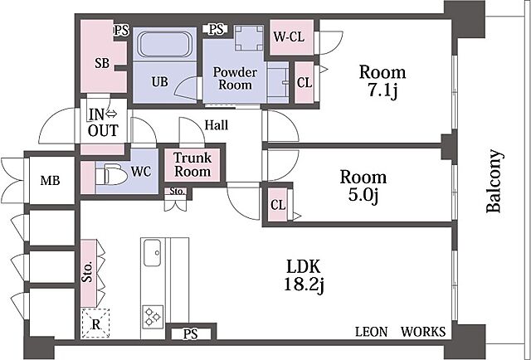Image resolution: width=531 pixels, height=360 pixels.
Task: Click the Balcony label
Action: coord(494,181)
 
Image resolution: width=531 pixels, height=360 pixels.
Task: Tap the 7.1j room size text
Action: coord(382,90)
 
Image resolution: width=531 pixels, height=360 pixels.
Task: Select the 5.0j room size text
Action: coord(363,196)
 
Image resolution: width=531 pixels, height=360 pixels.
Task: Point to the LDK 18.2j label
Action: coord(304,275)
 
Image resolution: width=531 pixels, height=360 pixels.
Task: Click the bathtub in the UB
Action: coord(164,44)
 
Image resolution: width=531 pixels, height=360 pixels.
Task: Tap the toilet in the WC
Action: coord(110,174)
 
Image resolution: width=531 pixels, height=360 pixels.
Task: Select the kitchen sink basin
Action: coord(152,253)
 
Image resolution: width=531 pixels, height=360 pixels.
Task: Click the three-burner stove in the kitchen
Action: coord(153,316)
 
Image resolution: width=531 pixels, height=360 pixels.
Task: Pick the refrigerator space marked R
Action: coord(95,324)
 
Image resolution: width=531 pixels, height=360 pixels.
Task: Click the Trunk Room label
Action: coord(192,164)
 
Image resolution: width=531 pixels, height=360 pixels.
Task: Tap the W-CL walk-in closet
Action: coord(291,37)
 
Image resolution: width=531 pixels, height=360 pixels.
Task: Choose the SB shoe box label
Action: coord(102,63)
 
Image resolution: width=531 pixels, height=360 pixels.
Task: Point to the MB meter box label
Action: coord(50,181)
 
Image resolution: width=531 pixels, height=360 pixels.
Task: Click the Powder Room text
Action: coord(235,78)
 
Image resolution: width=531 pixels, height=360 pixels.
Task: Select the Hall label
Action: coord(217,125)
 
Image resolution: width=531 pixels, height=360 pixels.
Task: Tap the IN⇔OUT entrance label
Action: coord(103,123)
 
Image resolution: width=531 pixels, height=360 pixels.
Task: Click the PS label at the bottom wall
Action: coord(190,334)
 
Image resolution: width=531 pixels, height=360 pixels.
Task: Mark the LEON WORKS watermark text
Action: coord(400,332)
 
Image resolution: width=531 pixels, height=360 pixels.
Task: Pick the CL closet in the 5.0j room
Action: coord(278,205)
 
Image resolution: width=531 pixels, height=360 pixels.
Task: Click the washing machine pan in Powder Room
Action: coord(249,37)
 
